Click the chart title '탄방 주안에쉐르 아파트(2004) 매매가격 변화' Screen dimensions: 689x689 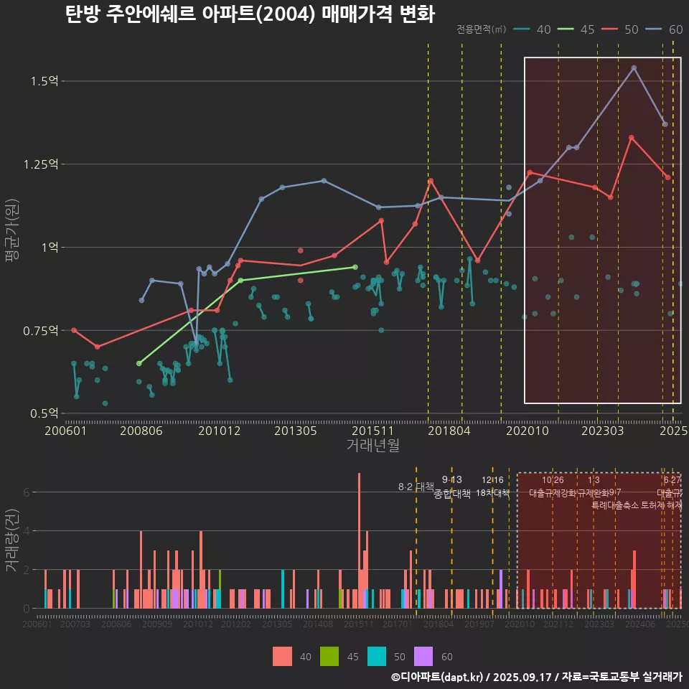click(249, 14)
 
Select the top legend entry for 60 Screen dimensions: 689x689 click(667, 29)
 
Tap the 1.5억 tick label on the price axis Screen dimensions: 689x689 click(44, 81)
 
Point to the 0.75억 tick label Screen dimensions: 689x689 click(41, 331)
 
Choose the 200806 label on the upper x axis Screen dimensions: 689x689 click(141, 431)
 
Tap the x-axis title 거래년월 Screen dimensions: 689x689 click(372, 446)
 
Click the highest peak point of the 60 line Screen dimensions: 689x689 click(634, 68)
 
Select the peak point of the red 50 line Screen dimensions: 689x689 click(631, 137)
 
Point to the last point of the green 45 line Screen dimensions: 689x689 click(355, 267)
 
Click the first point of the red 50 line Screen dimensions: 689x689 click(74, 330)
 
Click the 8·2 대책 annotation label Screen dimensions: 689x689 click(416, 487)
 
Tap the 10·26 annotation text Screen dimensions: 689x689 click(553, 480)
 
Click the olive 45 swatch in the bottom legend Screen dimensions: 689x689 click(329, 656)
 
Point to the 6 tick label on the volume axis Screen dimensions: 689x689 click(26, 492)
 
